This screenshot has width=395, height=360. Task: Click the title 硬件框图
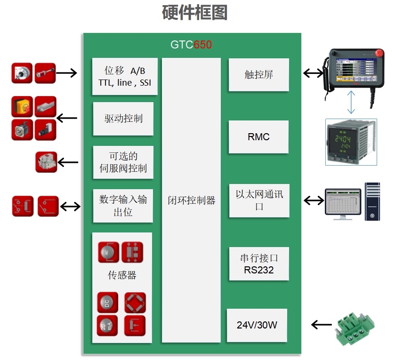(x=195, y=13)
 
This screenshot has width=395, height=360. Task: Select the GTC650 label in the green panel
(x=191, y=45)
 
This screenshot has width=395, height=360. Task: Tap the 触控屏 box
(x=258, y=75)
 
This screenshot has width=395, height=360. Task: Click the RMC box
(x=258, y=137)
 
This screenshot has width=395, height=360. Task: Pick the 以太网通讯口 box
(x=259, y=200)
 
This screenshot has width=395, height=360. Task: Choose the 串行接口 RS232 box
(x=259, y=264)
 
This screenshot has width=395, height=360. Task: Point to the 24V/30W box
(x=257, y=325)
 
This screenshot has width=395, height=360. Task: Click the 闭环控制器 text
(x=191, y=200)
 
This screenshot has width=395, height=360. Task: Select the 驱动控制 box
(x=123, y=119)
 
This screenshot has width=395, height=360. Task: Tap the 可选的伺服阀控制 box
(x=123, y=162)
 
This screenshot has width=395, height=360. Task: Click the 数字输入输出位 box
(x=123, y=206)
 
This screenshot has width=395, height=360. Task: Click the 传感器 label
(x=122, y=275)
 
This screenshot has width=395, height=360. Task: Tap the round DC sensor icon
(x=107, y=303)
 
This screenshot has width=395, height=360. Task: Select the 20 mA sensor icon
(x=107, y=326)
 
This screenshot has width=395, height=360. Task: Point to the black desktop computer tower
(x=372, y=201)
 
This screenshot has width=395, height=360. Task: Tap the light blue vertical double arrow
(x=350, y=103)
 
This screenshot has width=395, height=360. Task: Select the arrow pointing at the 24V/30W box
(x=322, y=325)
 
